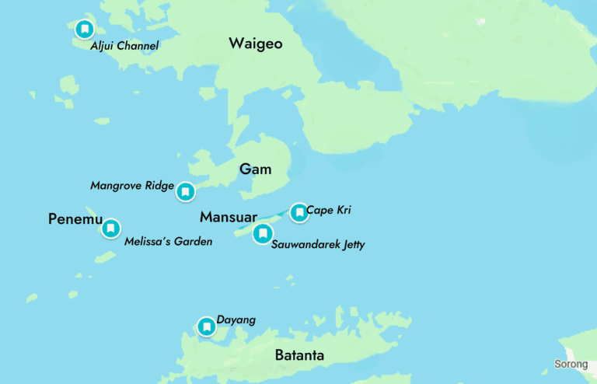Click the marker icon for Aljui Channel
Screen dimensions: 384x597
[84, 30]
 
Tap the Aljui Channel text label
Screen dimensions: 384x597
[124, 47]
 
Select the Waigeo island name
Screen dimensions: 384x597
[255, 44]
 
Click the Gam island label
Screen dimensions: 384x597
[255, 169]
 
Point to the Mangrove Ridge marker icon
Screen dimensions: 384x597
[185, 191]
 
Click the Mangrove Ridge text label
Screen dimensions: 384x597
[131, 186]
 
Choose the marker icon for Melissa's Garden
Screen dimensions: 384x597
[111, 228]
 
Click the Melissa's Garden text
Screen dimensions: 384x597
[168, 242]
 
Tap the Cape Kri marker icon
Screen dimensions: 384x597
[299, 212]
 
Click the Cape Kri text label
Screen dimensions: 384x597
[329, 210]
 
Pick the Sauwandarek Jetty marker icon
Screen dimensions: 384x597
[263, 233]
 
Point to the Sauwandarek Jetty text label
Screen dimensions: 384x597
[318, 245]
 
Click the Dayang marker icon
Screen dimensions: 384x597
[206, 327]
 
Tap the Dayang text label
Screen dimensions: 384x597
[236, 320]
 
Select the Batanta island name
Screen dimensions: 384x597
[299, 356]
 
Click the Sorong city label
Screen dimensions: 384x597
[571, 364]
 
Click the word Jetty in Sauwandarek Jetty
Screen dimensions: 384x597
[350, 245]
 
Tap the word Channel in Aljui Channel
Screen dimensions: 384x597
[138, 47]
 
